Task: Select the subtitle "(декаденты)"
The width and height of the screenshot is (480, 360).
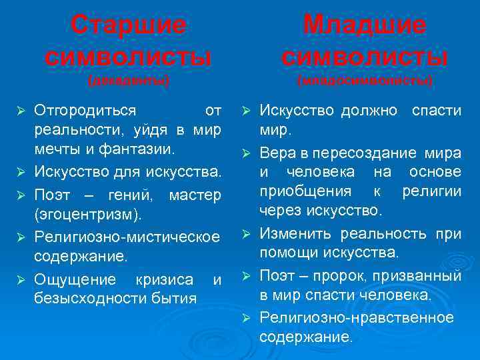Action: tap(129, 81)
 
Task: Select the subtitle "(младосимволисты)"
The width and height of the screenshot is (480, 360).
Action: tap(365, 81)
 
